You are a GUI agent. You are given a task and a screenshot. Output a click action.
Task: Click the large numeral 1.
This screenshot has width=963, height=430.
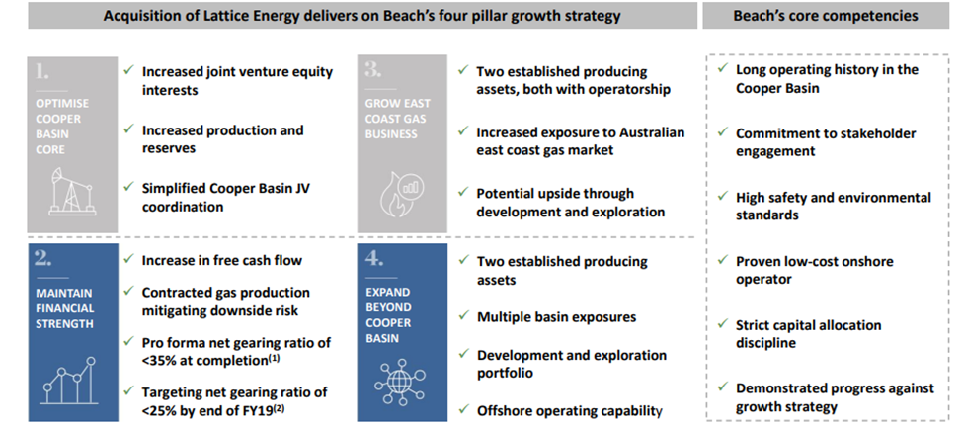41,72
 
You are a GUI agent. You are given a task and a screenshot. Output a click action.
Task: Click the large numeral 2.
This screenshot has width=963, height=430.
43,259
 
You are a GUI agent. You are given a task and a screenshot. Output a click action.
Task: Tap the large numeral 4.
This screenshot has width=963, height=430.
373,259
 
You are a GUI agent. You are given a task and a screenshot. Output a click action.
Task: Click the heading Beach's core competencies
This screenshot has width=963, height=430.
826,16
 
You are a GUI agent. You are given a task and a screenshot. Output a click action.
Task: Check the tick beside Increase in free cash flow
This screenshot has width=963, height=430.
128,260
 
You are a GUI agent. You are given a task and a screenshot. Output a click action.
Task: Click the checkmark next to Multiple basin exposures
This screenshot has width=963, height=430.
463,317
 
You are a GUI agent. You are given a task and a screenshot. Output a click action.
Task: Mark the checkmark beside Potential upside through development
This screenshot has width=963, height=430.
463,193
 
